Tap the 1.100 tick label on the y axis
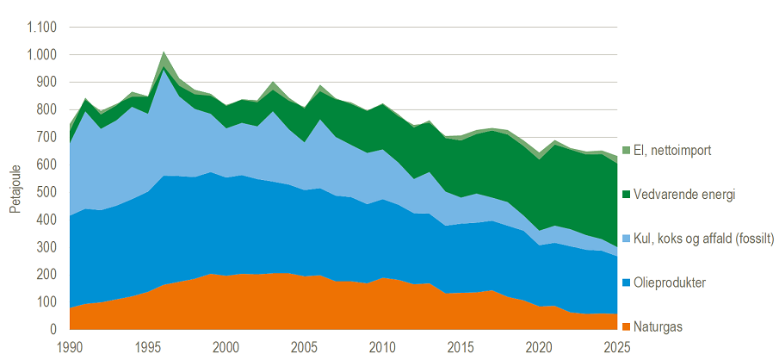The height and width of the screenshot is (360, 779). coord(41,28)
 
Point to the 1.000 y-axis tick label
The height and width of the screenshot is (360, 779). coord(41,55)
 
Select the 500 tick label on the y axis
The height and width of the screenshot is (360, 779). coord(46,192)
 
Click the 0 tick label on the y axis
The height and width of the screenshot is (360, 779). coord(52,330)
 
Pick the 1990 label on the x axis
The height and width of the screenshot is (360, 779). coord(70,345)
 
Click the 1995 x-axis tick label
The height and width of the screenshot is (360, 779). coord(148,345)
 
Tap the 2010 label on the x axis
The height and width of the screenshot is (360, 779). coord(382,345)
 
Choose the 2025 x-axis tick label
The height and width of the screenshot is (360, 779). coord(617,345)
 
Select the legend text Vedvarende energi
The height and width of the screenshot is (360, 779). coord(683,195)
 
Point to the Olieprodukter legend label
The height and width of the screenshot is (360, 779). coord(669,283)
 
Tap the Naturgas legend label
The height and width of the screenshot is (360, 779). coord(658,327)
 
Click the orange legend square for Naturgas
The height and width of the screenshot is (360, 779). coord(625,326)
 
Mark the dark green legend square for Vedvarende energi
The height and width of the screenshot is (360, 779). coord(625,195)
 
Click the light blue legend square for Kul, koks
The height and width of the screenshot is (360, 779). coord(625,239)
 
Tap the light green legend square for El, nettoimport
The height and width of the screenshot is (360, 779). coord(625,150)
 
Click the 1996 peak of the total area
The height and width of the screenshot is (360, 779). coord(164,51)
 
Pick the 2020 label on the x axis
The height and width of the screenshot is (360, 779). coord(539,345)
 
